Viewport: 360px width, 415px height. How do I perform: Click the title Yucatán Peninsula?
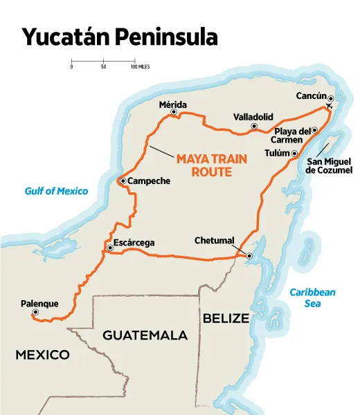(119, 37)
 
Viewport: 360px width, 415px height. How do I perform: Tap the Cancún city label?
(310, 96)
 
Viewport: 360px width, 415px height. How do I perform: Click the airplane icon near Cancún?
(330, 107)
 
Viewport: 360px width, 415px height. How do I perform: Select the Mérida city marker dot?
(174, 112)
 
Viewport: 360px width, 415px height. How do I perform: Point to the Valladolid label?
(253, 116)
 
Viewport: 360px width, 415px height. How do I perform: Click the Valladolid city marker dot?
(254, 127)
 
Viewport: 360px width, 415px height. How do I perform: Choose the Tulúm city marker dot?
(294, 154)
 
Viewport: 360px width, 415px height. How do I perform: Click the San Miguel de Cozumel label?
(329, 166)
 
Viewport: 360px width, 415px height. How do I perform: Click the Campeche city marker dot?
(123, 181)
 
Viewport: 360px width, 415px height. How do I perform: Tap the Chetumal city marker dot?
(249, 256)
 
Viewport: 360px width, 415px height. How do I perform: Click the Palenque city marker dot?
(35, 313)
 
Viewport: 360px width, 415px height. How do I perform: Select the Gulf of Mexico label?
(56, 191)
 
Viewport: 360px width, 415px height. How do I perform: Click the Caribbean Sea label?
(312, 297)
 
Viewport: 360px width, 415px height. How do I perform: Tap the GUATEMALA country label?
(145, 335)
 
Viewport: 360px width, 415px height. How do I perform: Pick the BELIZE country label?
(225, 318)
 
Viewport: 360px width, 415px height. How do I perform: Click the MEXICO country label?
(42, 355)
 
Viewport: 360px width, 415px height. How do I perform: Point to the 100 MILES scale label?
(141, 67)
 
